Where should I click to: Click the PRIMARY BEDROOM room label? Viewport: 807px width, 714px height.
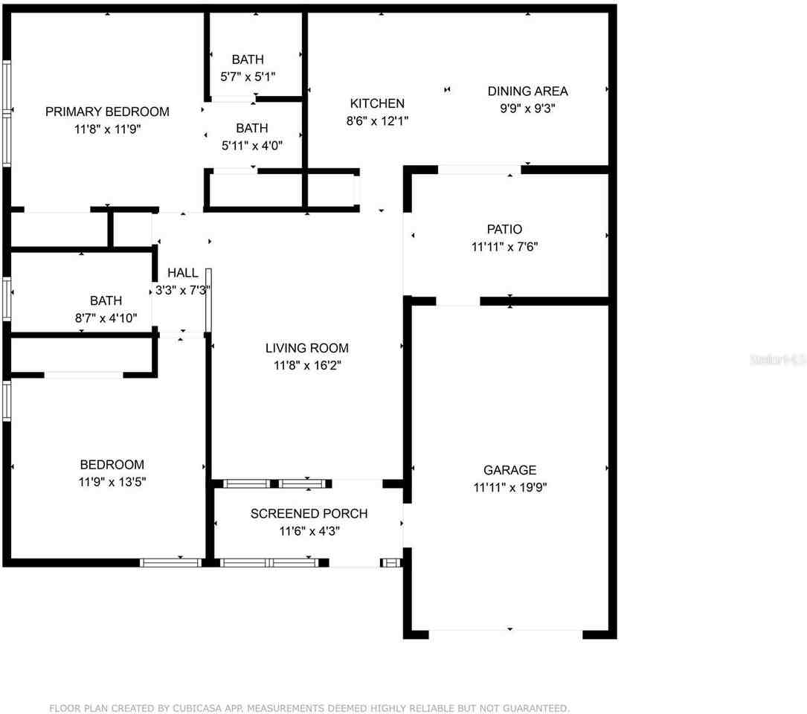tap(107, 112)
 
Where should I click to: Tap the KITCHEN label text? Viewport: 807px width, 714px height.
tap(377, 103)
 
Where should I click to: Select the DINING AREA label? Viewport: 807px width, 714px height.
tap(527, 91)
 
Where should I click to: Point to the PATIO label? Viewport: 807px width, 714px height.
tap(505, 229)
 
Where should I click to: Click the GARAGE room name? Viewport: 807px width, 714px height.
tap(509, 470)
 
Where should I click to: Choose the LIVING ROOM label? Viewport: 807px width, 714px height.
tap(306, 348)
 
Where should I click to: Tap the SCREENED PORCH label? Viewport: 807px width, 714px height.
tap(309, 514)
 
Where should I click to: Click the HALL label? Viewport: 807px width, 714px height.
tap(182, 273)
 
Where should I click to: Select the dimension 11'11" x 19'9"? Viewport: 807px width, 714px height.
tap(509, 488)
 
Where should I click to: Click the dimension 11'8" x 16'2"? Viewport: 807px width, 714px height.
tap(306, 365)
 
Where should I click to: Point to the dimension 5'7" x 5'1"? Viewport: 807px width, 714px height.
tap(248, 77)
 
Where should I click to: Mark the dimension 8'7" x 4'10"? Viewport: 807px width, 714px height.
tap(106, 318)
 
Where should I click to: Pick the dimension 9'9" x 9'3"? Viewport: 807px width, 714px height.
tap(527, 108)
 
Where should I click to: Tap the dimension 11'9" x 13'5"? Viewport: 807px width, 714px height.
tap(112, 482)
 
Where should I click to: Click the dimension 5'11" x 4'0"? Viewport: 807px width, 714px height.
tap(251, 146)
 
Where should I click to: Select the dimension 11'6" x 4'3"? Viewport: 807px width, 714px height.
tap(309, 531)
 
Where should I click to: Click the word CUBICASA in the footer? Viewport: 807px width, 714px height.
tap(194, 708)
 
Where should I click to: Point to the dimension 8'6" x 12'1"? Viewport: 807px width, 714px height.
tap(377, 120)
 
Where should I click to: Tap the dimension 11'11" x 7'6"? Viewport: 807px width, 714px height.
tap(505, 246)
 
